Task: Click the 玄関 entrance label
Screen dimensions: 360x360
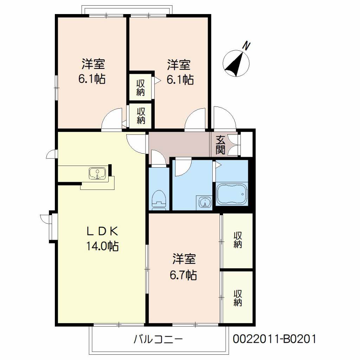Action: point(220,144)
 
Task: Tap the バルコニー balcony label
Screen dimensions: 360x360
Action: point(158,340)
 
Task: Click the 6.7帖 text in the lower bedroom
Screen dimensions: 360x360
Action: point(183,275)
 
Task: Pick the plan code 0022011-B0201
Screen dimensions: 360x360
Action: point(275,339)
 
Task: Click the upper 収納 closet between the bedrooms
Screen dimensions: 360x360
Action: point(141,89)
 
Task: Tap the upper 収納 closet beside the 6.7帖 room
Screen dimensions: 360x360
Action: point(238,240)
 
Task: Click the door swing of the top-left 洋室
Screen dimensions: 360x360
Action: point(112,120)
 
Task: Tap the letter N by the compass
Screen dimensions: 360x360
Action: point(247,46)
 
